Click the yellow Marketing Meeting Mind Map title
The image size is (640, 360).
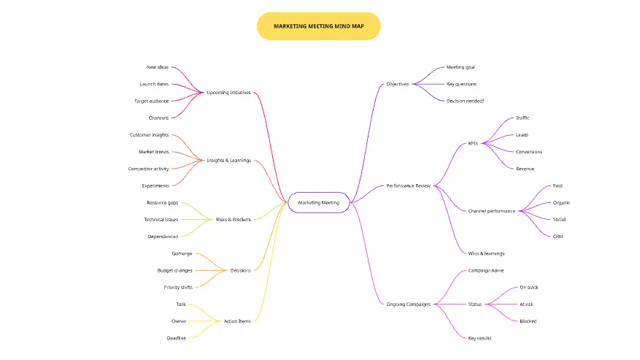318,26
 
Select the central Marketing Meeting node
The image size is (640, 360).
319,202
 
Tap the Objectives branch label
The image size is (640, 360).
398,84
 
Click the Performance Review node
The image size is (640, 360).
409,185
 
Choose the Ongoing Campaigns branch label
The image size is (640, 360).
408,304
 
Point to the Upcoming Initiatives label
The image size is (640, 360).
228,93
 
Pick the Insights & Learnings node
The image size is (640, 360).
228,160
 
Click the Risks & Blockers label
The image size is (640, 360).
234,219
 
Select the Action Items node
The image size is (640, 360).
237,321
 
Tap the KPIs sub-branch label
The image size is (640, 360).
473,143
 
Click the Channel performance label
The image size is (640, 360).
491,211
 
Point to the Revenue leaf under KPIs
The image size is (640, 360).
525,169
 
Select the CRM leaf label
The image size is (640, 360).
558,236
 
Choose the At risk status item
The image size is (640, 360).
527,304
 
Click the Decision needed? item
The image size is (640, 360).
465,101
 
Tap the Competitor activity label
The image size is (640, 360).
148,169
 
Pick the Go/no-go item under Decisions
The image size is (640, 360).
182,253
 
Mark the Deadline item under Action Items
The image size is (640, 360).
176,337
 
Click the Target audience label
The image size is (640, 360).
151,101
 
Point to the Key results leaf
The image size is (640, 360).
479,337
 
